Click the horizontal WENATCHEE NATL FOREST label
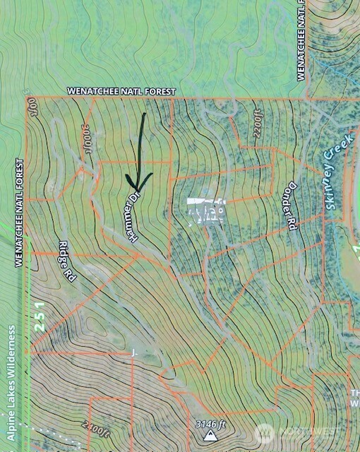click(121, 92)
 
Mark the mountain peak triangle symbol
click(210, 437)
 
